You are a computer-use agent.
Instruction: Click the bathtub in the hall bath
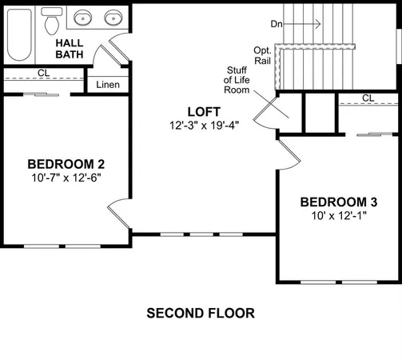(x=19, y=34)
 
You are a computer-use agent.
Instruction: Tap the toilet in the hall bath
(x=52, y=22)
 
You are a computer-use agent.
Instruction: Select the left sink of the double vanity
(x=83, y=18)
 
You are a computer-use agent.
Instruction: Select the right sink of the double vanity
(x=113, y=18)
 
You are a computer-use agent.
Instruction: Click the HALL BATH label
(x=70, y=49)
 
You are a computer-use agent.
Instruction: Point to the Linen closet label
(x=108, y=85)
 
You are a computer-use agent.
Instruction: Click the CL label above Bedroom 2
(x=44, y=73)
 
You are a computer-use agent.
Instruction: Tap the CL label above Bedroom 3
(x=368, y=98)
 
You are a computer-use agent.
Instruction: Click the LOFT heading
(x=204, y=112)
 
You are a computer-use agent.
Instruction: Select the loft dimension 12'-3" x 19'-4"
(x=205, y=125)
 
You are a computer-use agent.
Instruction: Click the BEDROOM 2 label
(x=66, y=164)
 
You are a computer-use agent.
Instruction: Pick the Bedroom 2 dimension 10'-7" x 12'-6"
(x=66, y=178)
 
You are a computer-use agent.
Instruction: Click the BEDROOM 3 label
(x=339, y=202)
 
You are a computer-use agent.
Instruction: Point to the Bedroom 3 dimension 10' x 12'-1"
(x=339, y=215)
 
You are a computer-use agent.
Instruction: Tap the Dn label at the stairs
(x=277, y=24)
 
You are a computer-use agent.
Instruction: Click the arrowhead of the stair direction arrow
(x=319, y=24)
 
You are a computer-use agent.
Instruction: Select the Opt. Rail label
(x=262, y=55)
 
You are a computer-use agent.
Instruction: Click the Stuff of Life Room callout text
(x=237, y=80)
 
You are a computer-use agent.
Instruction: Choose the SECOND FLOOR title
(x=201, y=313)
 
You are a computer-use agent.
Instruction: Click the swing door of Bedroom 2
(x=118, y=214)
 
